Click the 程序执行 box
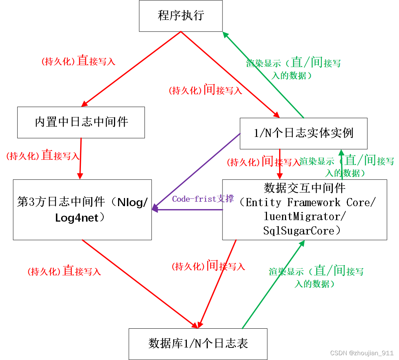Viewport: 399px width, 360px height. coord(181,16)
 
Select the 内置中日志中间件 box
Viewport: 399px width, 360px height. coord(81,122)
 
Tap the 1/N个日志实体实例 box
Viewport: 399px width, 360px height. coord(303,133)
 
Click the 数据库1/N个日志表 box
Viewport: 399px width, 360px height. coord(198,344)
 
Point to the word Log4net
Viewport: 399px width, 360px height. coord(77,218)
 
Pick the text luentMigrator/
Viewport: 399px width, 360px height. coord(305,216)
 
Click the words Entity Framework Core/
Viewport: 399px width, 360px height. coord(311,202)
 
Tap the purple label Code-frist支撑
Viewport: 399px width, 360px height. coord(203,199)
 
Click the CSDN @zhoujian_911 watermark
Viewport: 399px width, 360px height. coord(362,353)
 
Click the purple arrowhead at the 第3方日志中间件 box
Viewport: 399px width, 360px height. coord(155,209)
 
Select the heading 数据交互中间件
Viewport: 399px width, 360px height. coord(305,188)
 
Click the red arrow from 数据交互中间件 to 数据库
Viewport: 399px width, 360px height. coord(217,283)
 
